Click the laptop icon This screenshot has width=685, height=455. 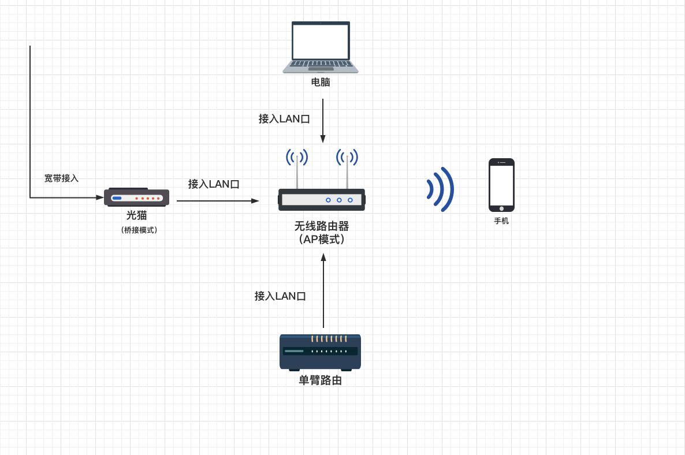(x=321, y=47)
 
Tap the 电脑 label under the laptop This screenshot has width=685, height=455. (x=321, y=83)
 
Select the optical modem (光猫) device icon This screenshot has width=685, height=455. (x=136, y=197)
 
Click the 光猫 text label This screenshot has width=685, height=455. (x=137, y=215)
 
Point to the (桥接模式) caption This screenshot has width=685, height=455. (x=139, y=230)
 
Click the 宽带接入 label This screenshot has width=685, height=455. (x=61, y=178)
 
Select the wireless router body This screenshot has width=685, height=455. (x=321, y=200)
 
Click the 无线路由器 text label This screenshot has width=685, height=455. (x=321, y=226)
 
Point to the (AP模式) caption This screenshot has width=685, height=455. (x=321, y=240)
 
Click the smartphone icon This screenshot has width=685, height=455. (x=501, y=185)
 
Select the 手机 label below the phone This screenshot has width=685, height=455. (x=501, y=221)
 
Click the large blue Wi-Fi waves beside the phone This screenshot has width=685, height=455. (x=441, y=189)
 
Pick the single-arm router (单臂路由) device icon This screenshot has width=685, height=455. (x=321, y=352)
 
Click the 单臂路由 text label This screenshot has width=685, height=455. (x=321, y=381)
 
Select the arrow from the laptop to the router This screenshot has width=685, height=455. (x=323, y=121)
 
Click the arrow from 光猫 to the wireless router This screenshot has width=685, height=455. (x=218, y=201)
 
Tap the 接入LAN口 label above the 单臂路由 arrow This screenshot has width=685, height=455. (x=280, y=296)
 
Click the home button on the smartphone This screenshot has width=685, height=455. (x=501, y=208)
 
